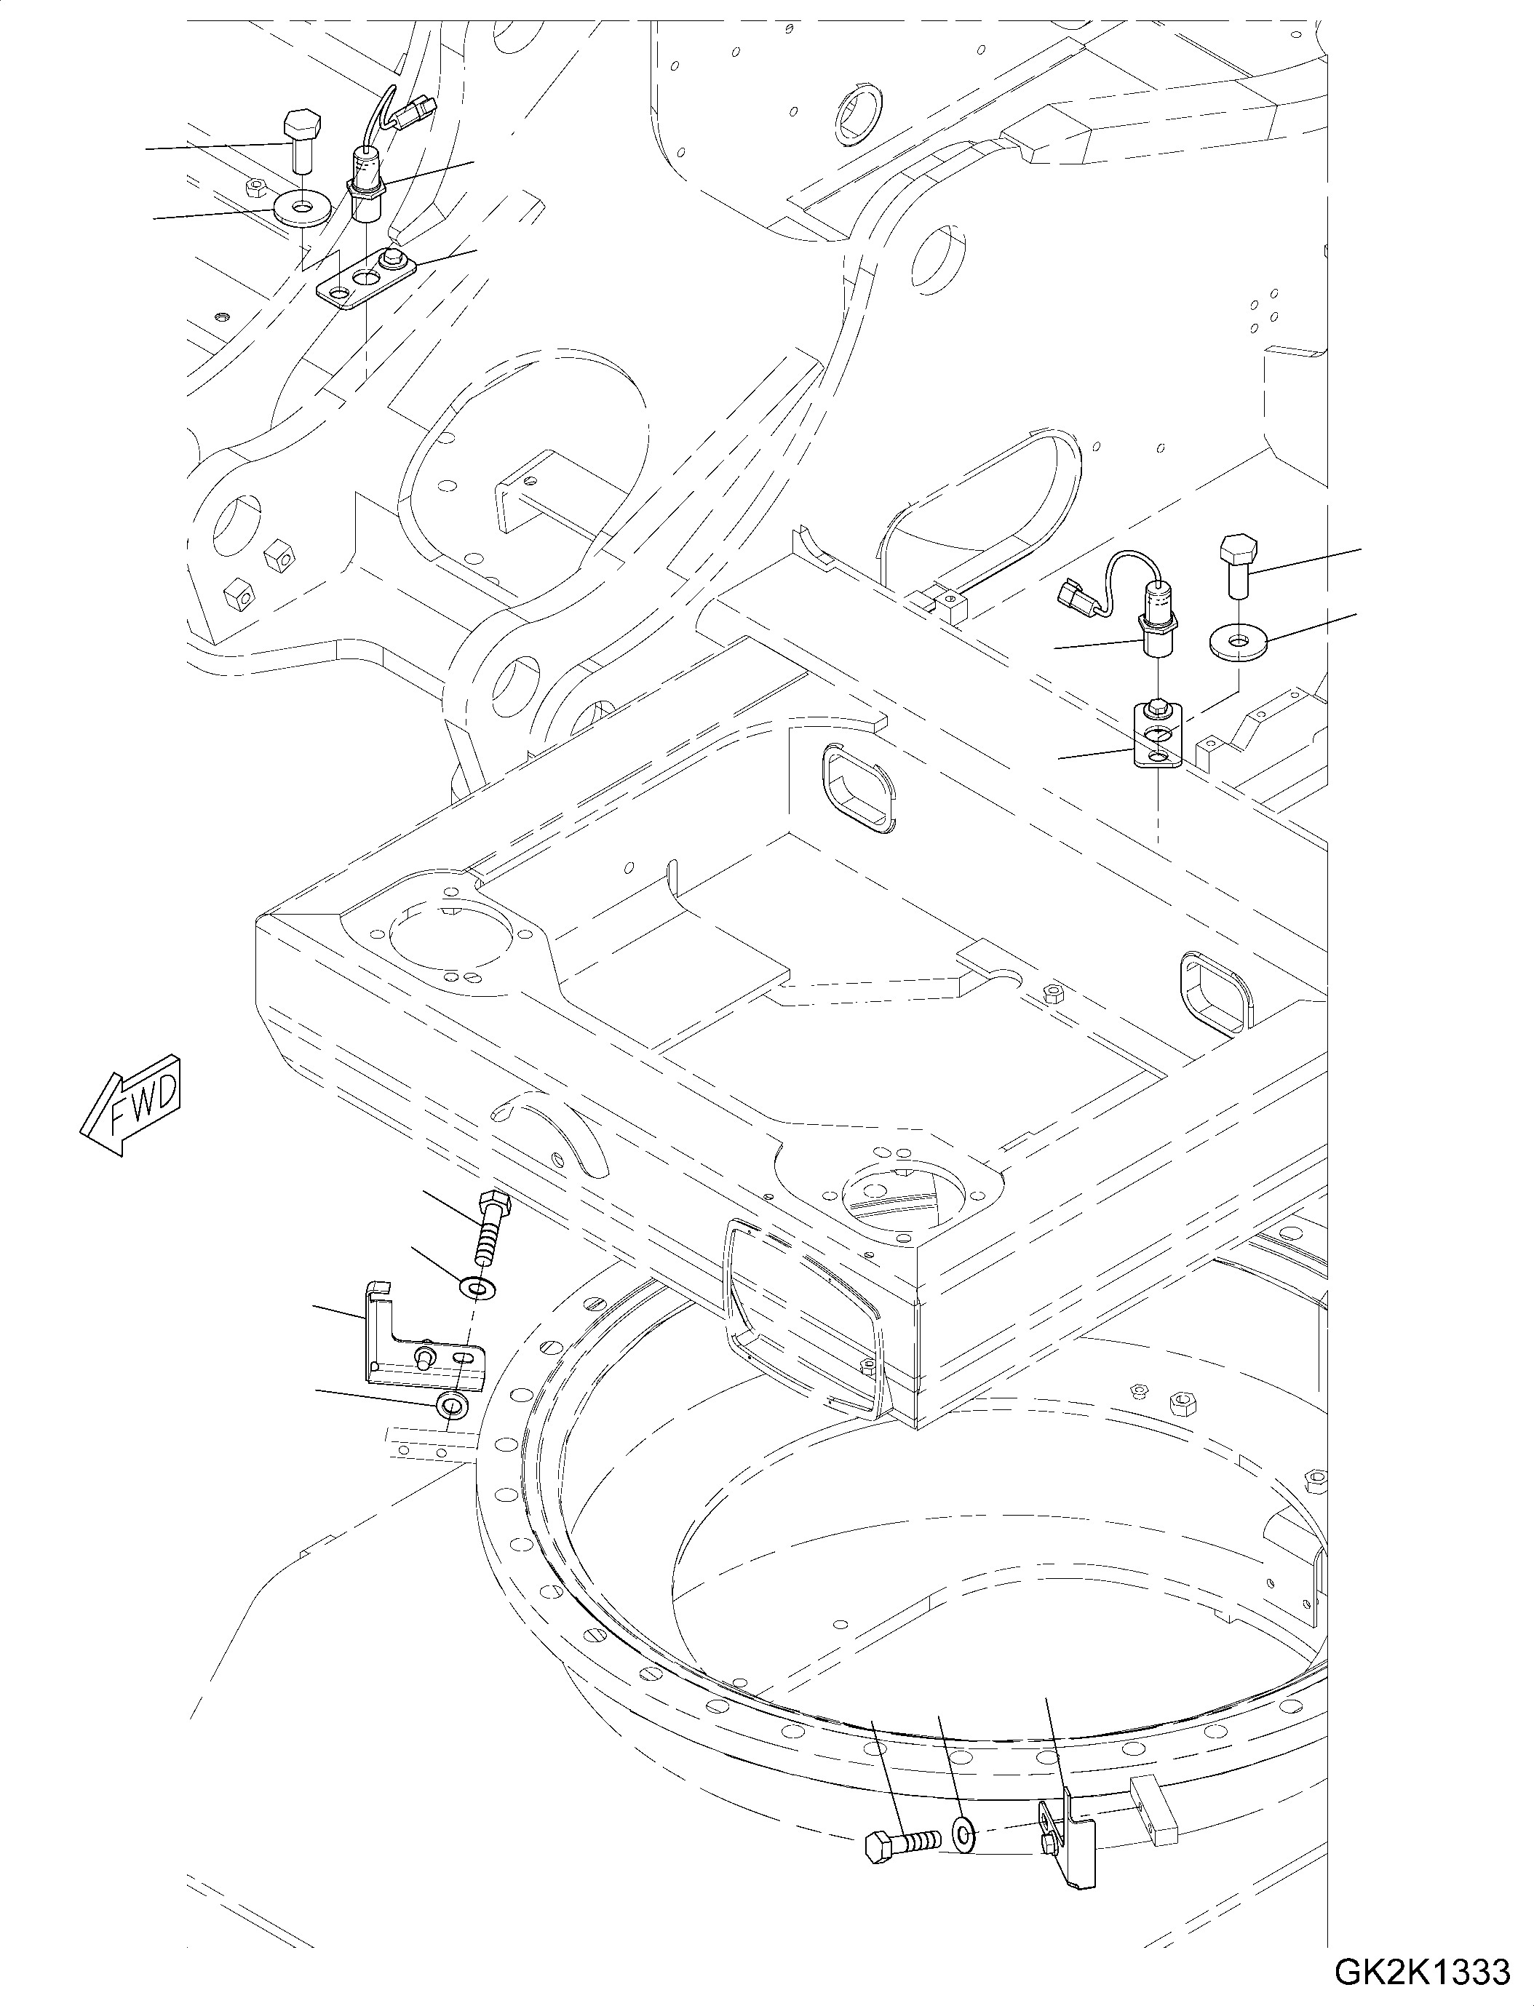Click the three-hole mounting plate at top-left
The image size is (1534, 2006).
tap(365, 279)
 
